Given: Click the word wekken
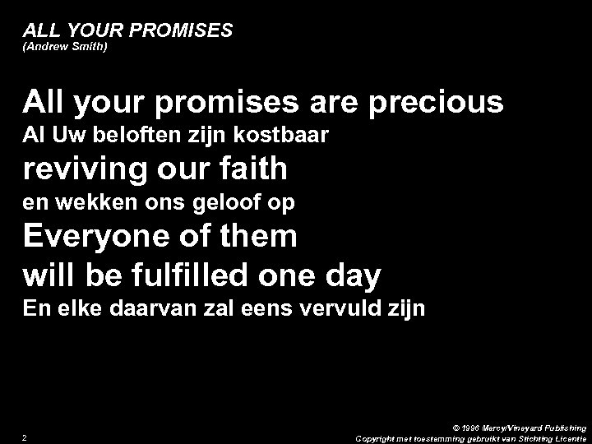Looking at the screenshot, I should [90, 202].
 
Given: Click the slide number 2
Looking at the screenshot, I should [26, 437].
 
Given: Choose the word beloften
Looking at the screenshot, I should [121, 136].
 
